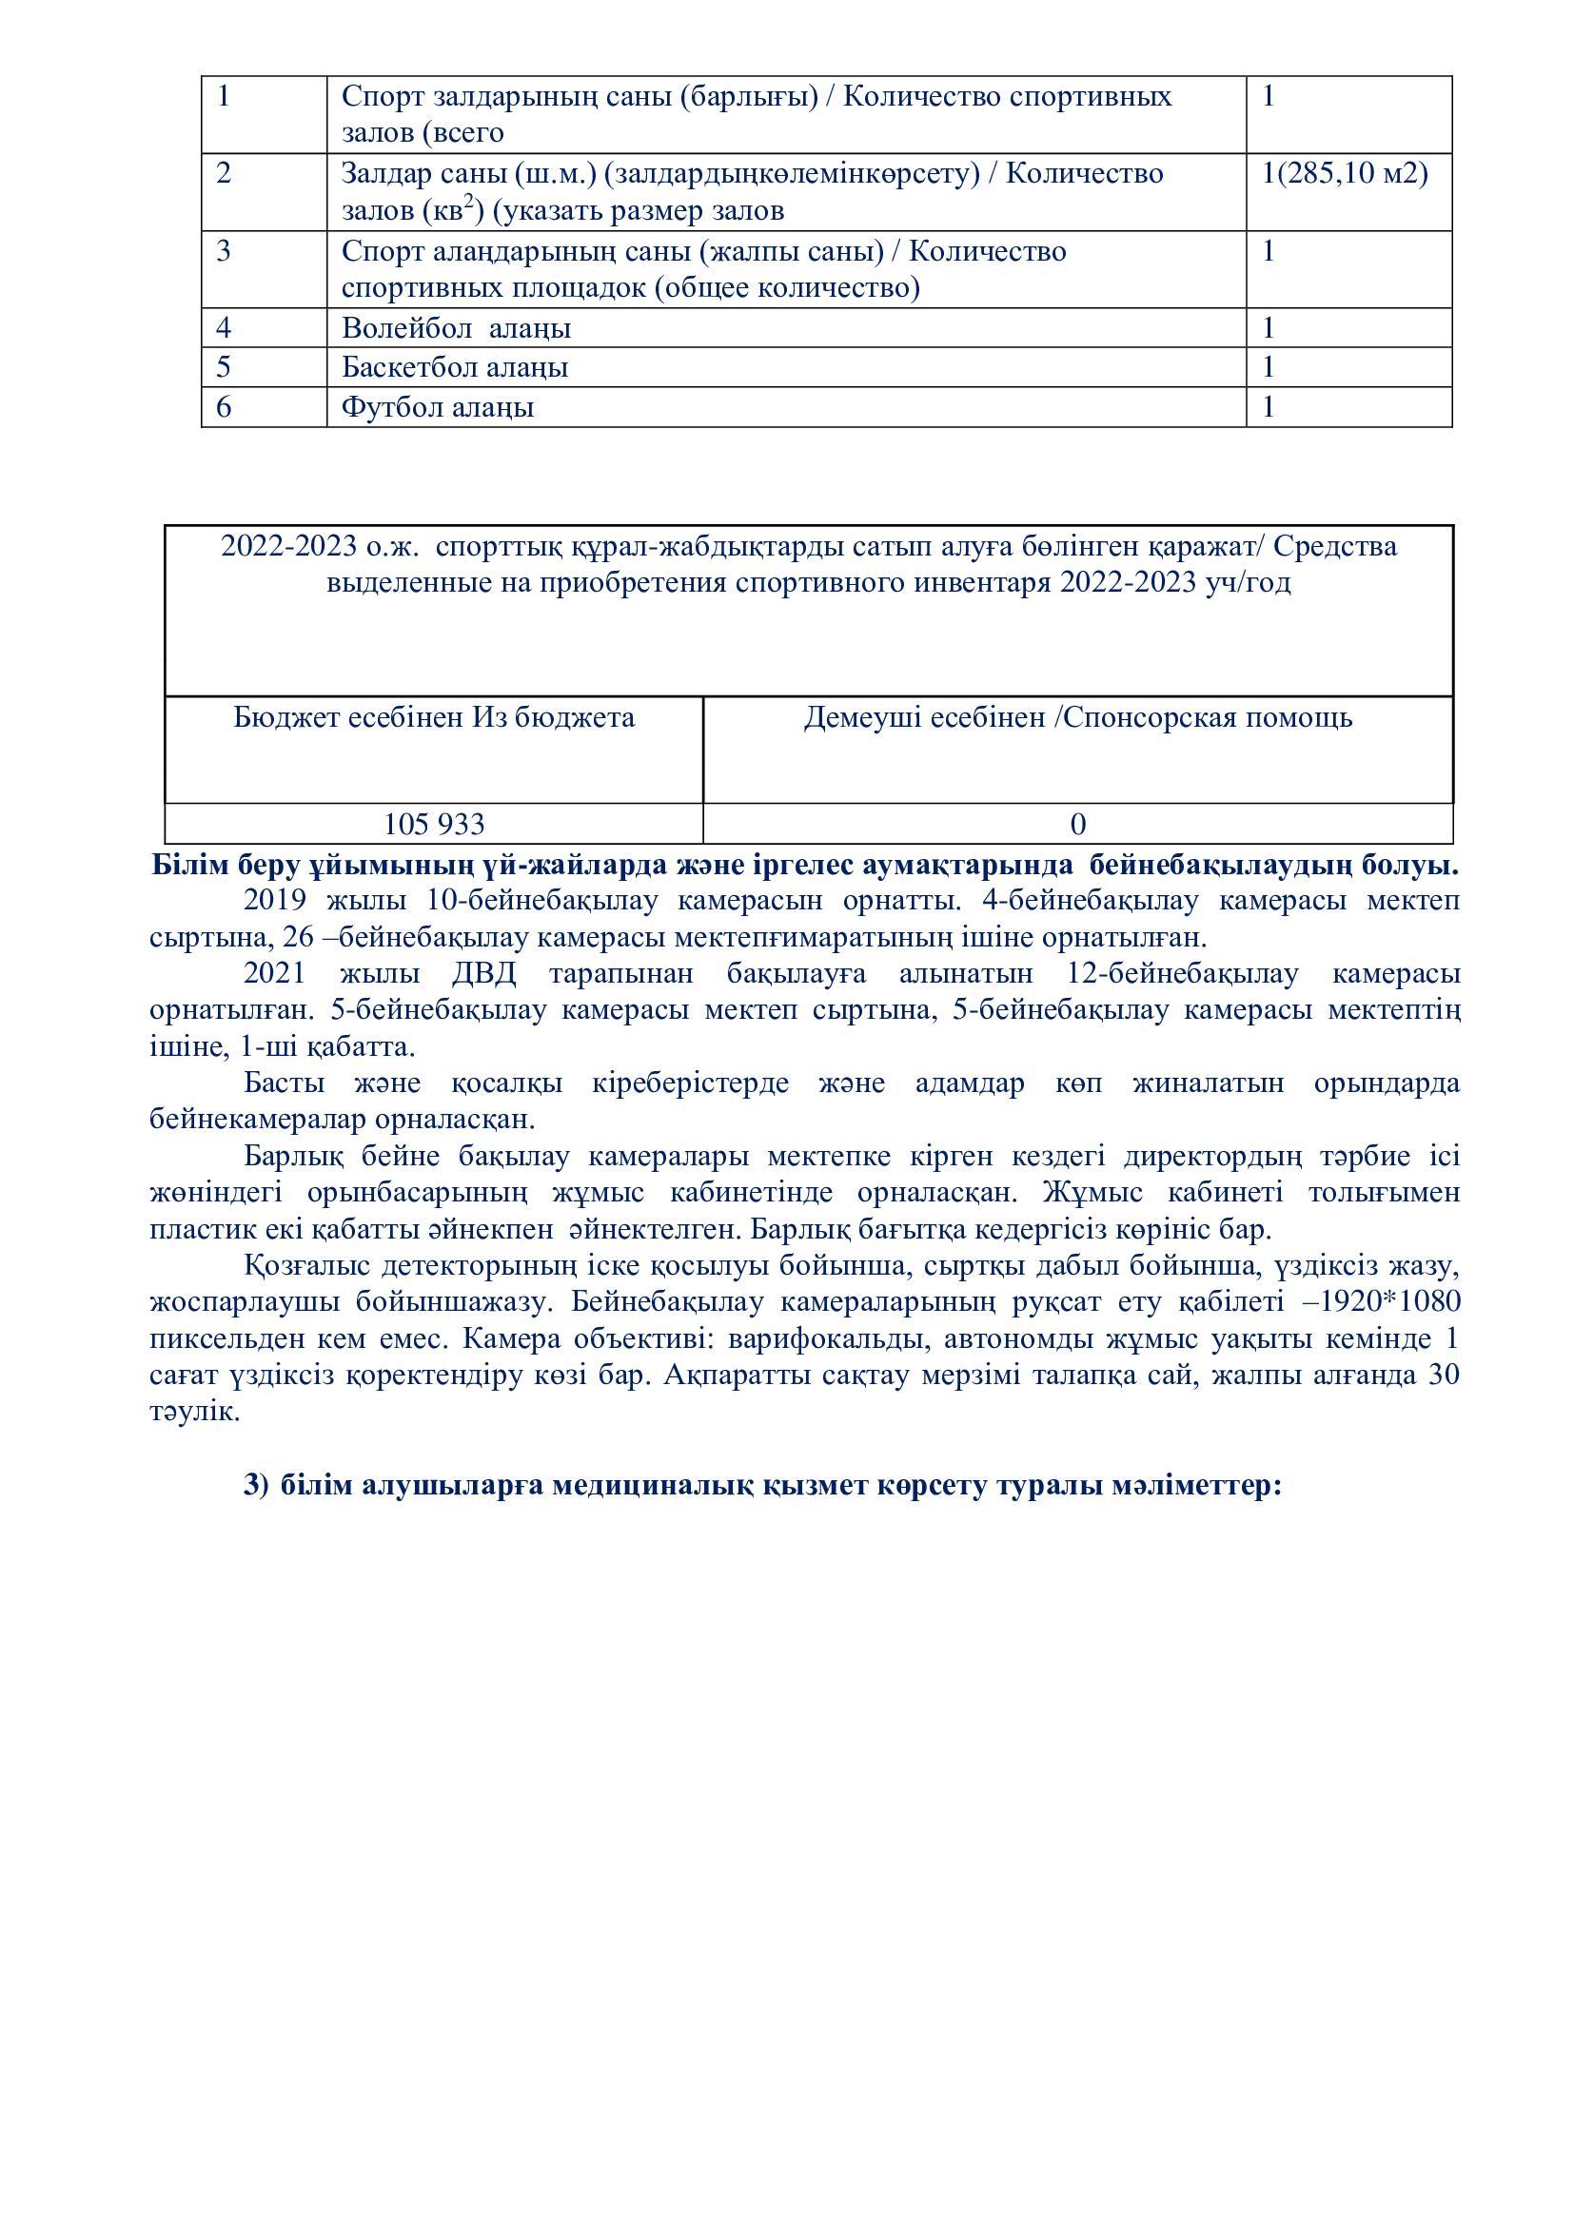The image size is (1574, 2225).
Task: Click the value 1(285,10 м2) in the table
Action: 1345,173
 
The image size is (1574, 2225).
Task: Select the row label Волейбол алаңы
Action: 456,328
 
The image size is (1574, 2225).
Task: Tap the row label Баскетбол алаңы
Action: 455,367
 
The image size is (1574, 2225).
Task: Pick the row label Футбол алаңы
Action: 437,407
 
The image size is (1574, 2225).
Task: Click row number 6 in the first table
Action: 224,407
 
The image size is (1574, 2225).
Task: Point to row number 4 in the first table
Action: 224,328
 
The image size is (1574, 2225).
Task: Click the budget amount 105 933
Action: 434,825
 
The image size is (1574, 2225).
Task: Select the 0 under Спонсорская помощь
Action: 1078,825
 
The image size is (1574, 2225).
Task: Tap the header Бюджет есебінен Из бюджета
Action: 434,718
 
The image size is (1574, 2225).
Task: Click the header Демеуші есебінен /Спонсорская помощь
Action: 1078,718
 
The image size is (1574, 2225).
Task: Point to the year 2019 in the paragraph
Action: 275,900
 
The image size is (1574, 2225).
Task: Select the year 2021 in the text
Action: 275,974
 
